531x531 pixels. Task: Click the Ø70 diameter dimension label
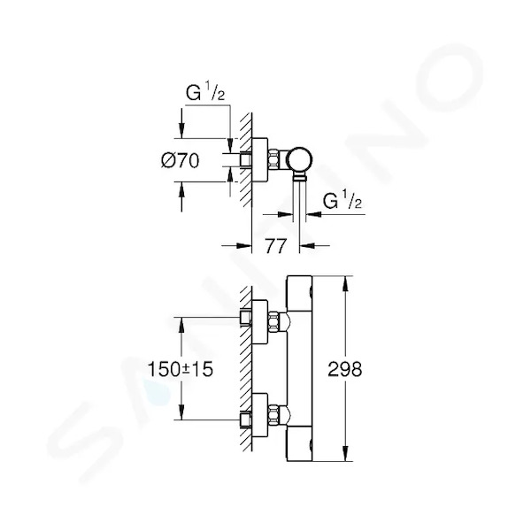[x=181, y=161]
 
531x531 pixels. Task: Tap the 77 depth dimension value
[x=275, y=246]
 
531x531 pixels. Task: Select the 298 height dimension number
[x=345, y=369]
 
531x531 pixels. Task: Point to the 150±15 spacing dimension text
[x=181, y=369]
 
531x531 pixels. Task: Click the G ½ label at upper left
[x=205, y=92]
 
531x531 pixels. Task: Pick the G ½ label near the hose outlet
[x=342, y=200]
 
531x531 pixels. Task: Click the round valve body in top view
[x=299, y=159]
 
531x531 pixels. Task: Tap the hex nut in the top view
[x=273, y=159]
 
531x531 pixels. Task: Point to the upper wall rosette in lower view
[x=259, y=322]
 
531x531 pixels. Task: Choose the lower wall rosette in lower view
[x=259, y=415]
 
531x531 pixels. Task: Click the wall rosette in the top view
[x=259, y=160]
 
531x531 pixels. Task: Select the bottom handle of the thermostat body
[x=299, y=444]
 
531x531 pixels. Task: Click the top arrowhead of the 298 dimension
[x=345, y=284]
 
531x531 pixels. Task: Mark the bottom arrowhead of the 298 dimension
[x=345, y=453]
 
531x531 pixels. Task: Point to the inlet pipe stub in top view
[x=245, y=159]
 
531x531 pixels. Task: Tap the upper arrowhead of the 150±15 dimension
[x=181, y=325]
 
